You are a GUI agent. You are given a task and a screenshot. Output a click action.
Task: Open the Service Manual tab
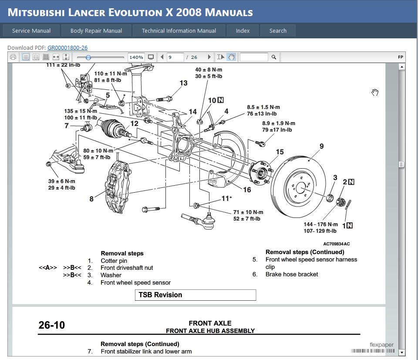(31, 31)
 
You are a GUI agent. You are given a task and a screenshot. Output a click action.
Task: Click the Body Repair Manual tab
(96, 31)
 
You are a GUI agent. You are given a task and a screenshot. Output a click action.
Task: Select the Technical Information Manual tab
(179, 31)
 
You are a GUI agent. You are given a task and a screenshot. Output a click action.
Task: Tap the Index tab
(243, 31)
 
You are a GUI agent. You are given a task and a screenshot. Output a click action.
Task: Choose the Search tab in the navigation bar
(278, 31)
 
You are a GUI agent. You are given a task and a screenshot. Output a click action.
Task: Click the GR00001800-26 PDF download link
(67, 48)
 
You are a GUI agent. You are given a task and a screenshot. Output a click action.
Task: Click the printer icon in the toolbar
(13, 57)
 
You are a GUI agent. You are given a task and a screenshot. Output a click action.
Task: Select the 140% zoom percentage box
(136, 57)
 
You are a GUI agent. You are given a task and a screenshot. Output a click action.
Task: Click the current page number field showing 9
(175, 57)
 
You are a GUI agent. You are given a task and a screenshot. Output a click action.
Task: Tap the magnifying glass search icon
(274, 57)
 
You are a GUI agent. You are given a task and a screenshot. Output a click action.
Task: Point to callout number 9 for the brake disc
(321, 146)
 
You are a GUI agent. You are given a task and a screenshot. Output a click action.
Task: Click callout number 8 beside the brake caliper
(91, 199)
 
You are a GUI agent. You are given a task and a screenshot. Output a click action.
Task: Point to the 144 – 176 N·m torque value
(320, 224)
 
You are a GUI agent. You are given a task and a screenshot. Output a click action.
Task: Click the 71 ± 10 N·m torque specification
(248, 212)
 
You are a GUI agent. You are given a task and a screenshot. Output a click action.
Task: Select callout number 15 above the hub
(280, 152)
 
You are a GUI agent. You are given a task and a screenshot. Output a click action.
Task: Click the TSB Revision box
(195, 295)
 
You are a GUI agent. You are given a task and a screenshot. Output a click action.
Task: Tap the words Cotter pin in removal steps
(114, 261)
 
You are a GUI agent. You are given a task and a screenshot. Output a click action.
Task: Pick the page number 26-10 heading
(52, 325)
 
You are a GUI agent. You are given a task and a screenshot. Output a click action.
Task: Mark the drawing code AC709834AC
(336, 244)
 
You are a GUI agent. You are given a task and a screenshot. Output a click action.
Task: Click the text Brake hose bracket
(292, 274)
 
